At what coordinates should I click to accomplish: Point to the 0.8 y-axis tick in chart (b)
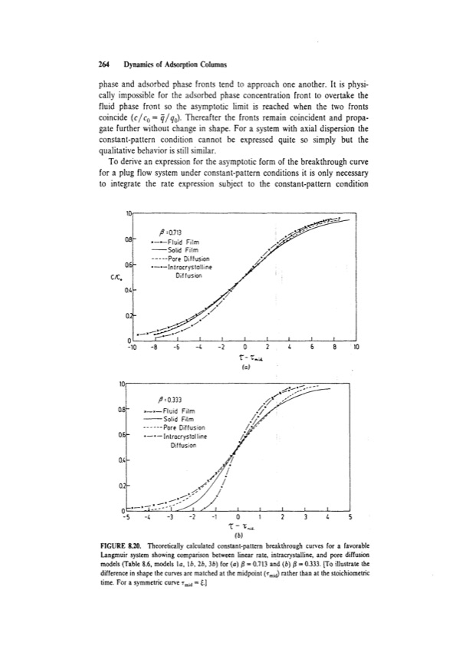click(x=120, y=399)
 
